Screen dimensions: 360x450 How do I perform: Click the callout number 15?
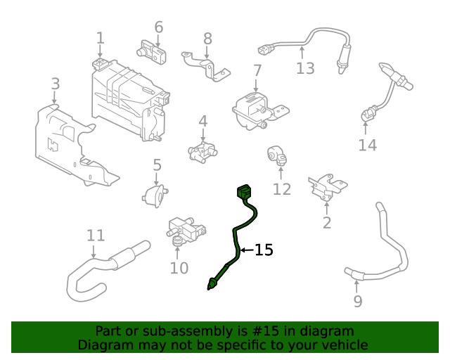[x=264, y=250]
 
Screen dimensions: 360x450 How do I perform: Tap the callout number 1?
[x=100, y=38]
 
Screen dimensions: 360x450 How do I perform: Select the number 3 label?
[x=55, y=84]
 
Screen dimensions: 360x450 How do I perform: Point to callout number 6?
[x=159, y=27]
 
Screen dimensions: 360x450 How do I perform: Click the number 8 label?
[x=207, y=38]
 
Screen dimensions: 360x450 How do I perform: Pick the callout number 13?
[x=304, y=68]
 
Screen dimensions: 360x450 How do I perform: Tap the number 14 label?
[x=367, y=146]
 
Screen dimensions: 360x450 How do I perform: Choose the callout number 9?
[x=358, y=301]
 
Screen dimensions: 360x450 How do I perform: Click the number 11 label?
[x=95, y=236]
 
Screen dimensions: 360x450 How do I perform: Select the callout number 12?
[x=282, y=188]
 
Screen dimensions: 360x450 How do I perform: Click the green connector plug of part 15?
[x=244, y=191]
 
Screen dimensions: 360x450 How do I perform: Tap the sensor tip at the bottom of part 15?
[x=212, y=284]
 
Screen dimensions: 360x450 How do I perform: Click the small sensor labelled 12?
[x=276, y=156]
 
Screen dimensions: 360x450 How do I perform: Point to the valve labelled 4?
[x=202, y=150]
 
